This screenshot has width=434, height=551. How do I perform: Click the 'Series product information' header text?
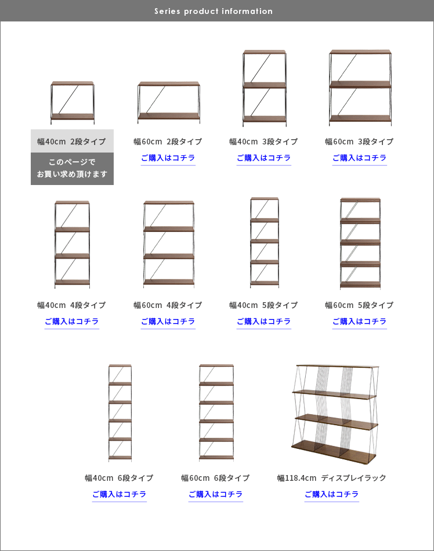coord(214,11)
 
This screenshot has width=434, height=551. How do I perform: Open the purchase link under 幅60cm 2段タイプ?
coord(168,158)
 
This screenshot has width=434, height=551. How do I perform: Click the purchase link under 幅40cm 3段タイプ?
coord(264,158)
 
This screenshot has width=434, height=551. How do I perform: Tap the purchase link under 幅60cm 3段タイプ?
coord(360,158)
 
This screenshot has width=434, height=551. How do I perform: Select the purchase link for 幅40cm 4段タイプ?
coord(72,321)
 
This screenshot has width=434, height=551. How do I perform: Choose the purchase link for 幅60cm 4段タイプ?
coord(168,321)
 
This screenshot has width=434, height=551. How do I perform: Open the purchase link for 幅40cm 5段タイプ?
coord(264,321)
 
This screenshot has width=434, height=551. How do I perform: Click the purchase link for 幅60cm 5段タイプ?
coord(360,321)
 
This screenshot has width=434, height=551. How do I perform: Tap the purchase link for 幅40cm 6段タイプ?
coord(120,494)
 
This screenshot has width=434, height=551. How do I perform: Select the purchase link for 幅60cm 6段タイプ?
coord(216,494)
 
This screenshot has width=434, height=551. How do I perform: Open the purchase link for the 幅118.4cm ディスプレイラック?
coord(332,494)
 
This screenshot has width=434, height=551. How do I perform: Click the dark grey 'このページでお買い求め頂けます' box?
coord(72,169)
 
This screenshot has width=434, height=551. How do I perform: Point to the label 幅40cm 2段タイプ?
coord(72,142)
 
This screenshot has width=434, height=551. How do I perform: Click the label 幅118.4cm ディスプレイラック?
coord(332,478)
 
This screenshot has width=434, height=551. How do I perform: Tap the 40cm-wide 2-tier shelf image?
coord(73,103)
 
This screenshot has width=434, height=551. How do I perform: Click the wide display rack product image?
coord(335,414)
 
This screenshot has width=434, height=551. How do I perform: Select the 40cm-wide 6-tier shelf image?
coord(120,412)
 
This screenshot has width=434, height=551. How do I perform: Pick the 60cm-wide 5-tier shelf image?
coord(360,244)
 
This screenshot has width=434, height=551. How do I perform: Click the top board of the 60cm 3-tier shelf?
coord(360,52)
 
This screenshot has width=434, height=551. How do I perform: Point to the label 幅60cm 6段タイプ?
coord(215,478)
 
